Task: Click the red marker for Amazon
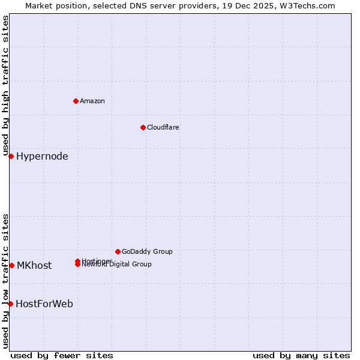point(76,101)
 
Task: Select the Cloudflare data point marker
point(143,127)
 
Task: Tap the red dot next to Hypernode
point(11,157)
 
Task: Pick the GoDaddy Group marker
point(118,251)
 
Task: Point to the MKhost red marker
point(11,265)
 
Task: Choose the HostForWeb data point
point(10,304)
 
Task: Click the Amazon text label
point(92,101)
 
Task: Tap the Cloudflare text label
point(163,127)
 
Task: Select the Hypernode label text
point(42,157)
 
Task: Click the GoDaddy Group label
point(147,251)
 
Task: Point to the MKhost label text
point(34,265)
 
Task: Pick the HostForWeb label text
point(44,304)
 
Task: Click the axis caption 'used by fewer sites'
point(62,355)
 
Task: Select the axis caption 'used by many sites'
point(301,355)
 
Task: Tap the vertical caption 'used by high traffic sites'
point(6,86)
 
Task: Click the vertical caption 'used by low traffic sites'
point(6,281)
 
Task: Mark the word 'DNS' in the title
point(127,5)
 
